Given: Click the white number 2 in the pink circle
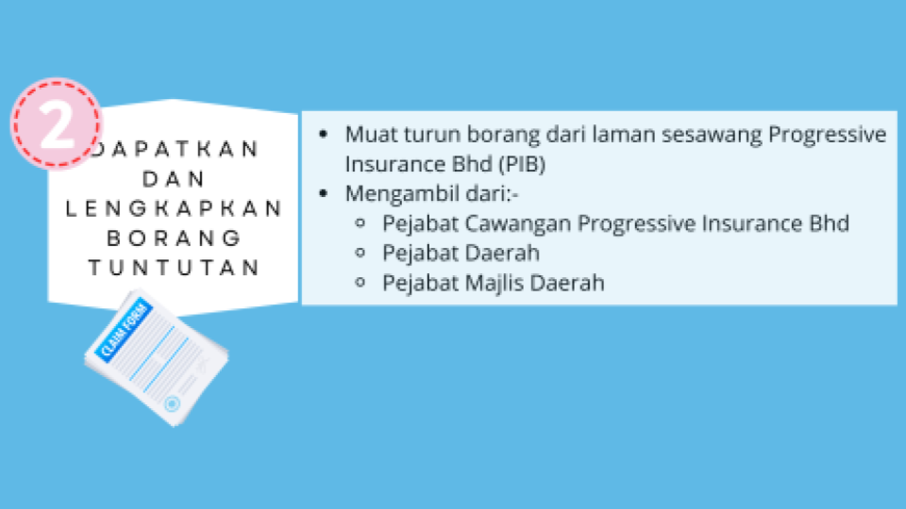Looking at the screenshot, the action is pos(57,124).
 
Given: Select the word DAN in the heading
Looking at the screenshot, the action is pos(174,179).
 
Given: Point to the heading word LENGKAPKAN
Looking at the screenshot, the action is pos(174,208).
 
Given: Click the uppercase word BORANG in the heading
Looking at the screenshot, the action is pos(174,238).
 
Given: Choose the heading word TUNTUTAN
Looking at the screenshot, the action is pos(174,268).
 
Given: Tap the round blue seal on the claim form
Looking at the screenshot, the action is pos(172,403).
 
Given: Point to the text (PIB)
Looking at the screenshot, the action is pos(522,164).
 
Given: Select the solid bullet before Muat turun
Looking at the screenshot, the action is pos(323,135).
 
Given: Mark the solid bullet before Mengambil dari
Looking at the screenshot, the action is pos(323,193).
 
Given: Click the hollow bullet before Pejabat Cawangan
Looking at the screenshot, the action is pos(361,222).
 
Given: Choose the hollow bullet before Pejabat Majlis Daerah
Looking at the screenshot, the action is pos(361,282).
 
